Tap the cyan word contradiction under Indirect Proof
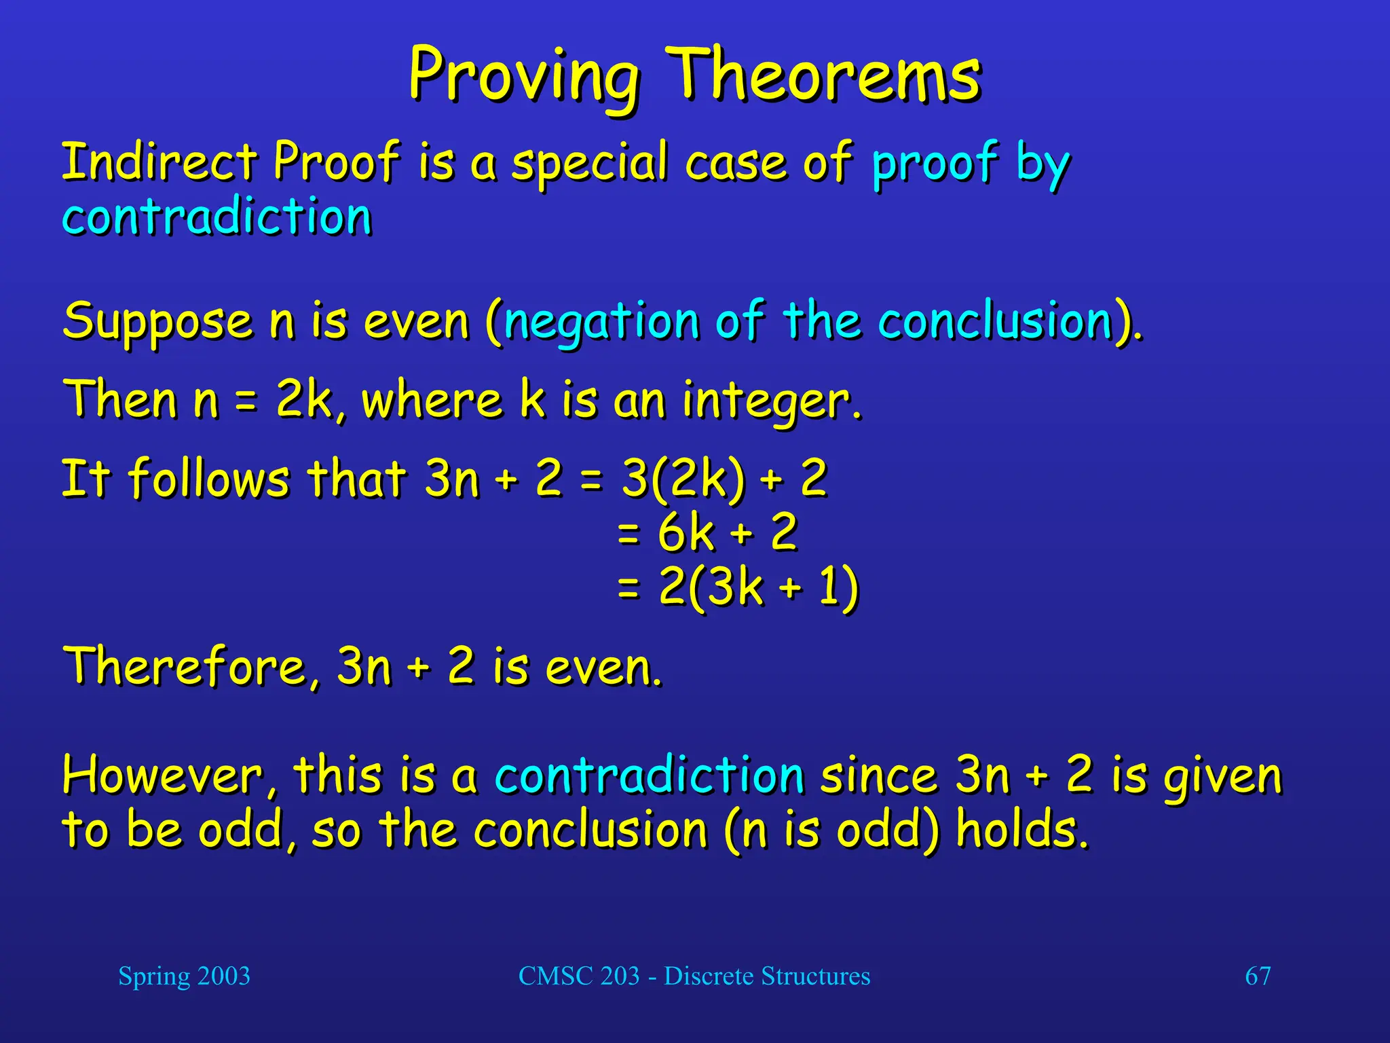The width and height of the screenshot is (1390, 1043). (x=217, y=217)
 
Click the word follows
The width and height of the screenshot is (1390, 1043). (x=209, y=478)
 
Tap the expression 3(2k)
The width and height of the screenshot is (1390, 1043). (x=683, y=478)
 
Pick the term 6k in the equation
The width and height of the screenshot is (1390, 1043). (x=685, y=532)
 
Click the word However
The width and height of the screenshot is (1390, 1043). (x=163, y=775)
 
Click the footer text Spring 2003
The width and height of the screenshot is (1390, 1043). (x=184, y=976)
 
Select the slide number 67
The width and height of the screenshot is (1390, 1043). (x=1257, y=976)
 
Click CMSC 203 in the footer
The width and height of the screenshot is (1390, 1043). (x=578, y=976)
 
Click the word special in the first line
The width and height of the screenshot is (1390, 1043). (x=589, y=163)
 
